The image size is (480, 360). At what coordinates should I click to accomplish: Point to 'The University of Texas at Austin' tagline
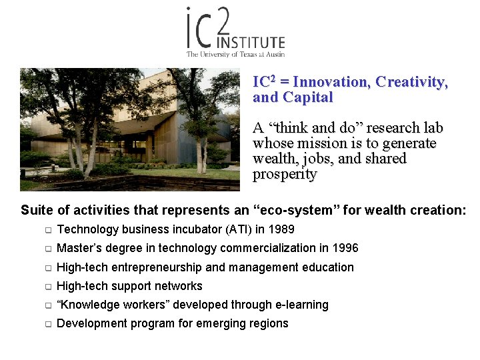tap(235, 54)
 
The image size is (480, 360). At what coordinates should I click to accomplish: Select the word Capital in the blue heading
tap(308, 97)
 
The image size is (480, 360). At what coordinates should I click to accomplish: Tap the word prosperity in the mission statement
tap(285, 175)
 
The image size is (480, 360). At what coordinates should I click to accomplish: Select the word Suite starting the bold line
tap(37, 210)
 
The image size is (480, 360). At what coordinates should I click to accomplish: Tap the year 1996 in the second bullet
tap(345, 248)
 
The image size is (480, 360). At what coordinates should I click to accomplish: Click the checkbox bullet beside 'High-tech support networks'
tap(48, 287)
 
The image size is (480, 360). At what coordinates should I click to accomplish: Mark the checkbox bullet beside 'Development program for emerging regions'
tap(48, 324)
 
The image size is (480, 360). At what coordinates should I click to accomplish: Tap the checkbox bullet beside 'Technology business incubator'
tap(48, 230)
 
